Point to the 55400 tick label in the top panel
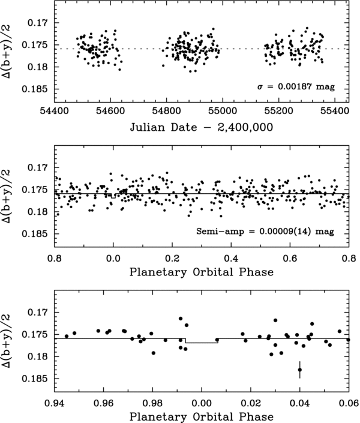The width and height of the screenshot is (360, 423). (x=334, y=112)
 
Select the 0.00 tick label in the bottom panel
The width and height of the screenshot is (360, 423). (x=202, y=400)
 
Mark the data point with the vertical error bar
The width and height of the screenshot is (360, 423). (x=299, y=370)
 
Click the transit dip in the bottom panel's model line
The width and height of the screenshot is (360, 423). (x=202, y=343)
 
